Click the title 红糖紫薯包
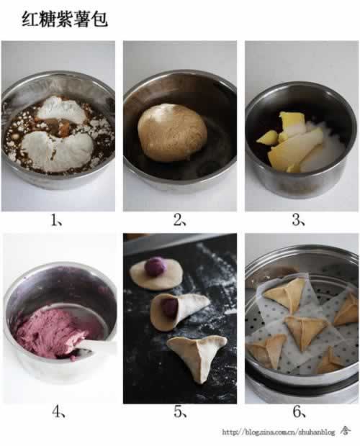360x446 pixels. [65, 19]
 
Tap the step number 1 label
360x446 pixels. [57, 220]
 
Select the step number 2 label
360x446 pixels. [179, 220]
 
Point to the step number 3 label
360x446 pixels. [298, 220]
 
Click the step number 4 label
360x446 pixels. [58, 411]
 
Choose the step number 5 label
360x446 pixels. [180, 411]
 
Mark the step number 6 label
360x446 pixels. [299, 411]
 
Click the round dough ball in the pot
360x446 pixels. [173, 132]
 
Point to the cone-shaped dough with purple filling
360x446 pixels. [178, 311]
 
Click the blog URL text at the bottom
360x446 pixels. [279, 432]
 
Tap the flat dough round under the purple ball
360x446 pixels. [156, 276]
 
